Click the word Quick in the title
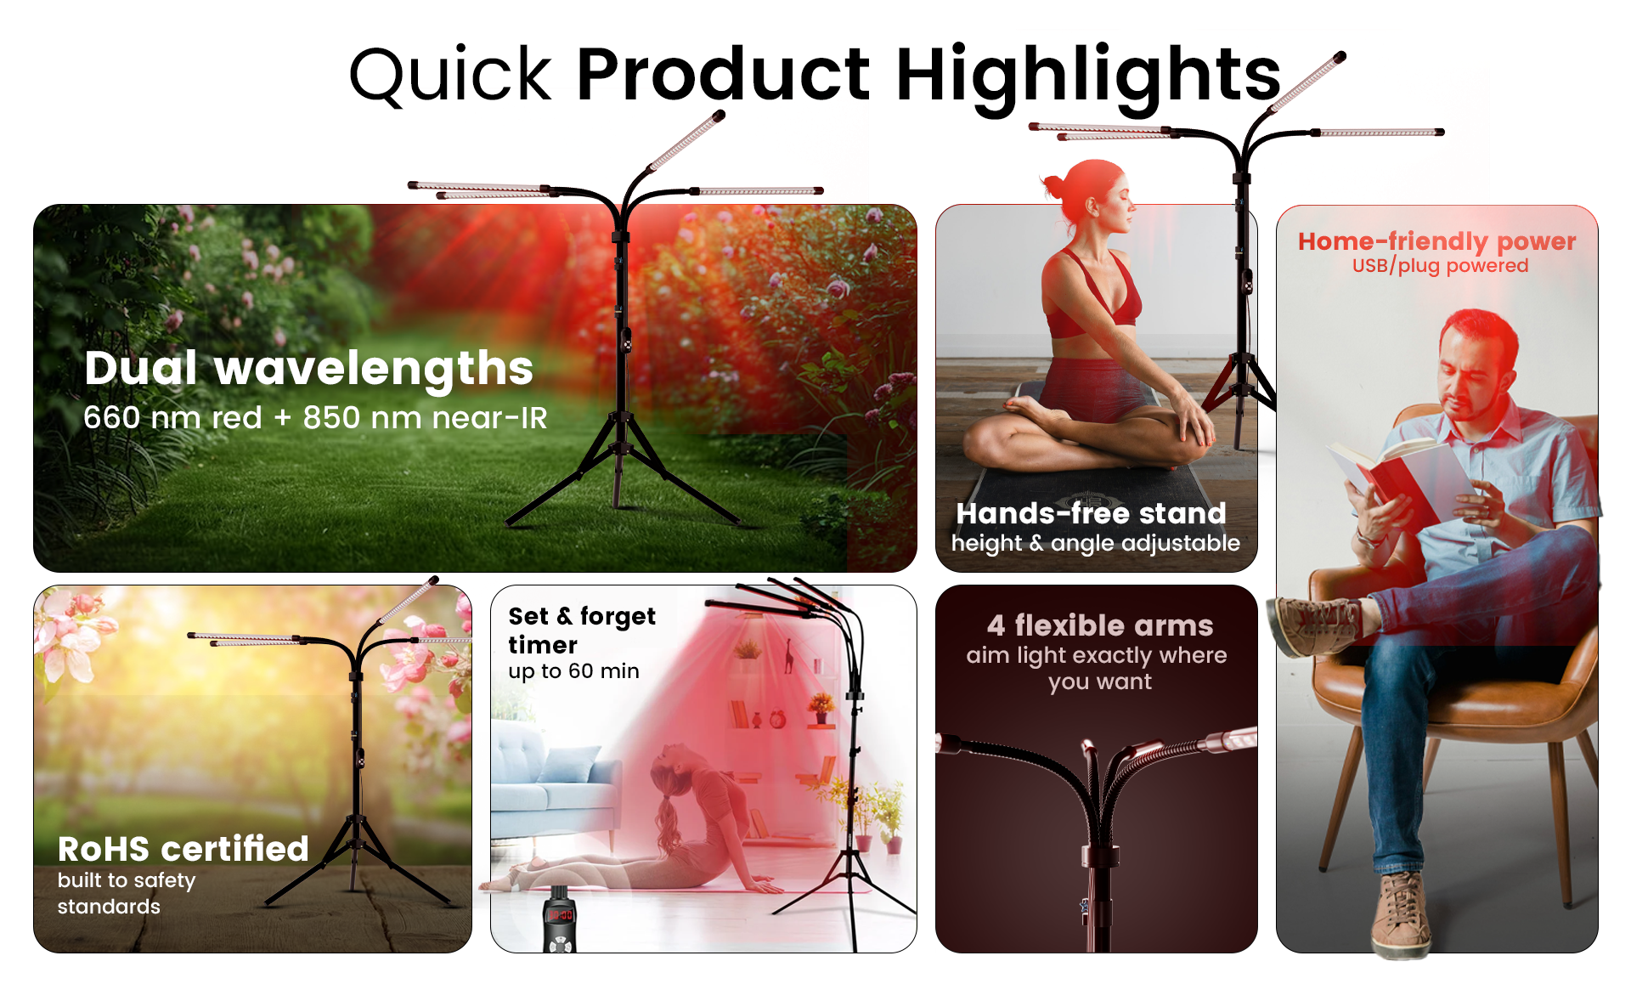[x=450, y=75]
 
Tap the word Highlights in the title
[x=1087, y=75]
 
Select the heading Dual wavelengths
[x=309, y=368]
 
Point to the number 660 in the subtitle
[x=111, y=418]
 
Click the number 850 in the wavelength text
[x=331, y=418]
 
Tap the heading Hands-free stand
[x=1091, y=513]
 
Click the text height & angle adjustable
[x=1095, y=543]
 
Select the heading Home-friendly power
[x=1436, y=241]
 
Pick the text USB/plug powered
[x=1440, y=266]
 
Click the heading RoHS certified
[x=183, y=848]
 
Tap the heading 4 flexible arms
[x=1099, y=625]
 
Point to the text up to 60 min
[x=573, y=671]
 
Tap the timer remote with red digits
[x=561, y=922]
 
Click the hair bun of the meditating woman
[x=1053, y=184]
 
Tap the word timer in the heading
[x=543, y=645]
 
